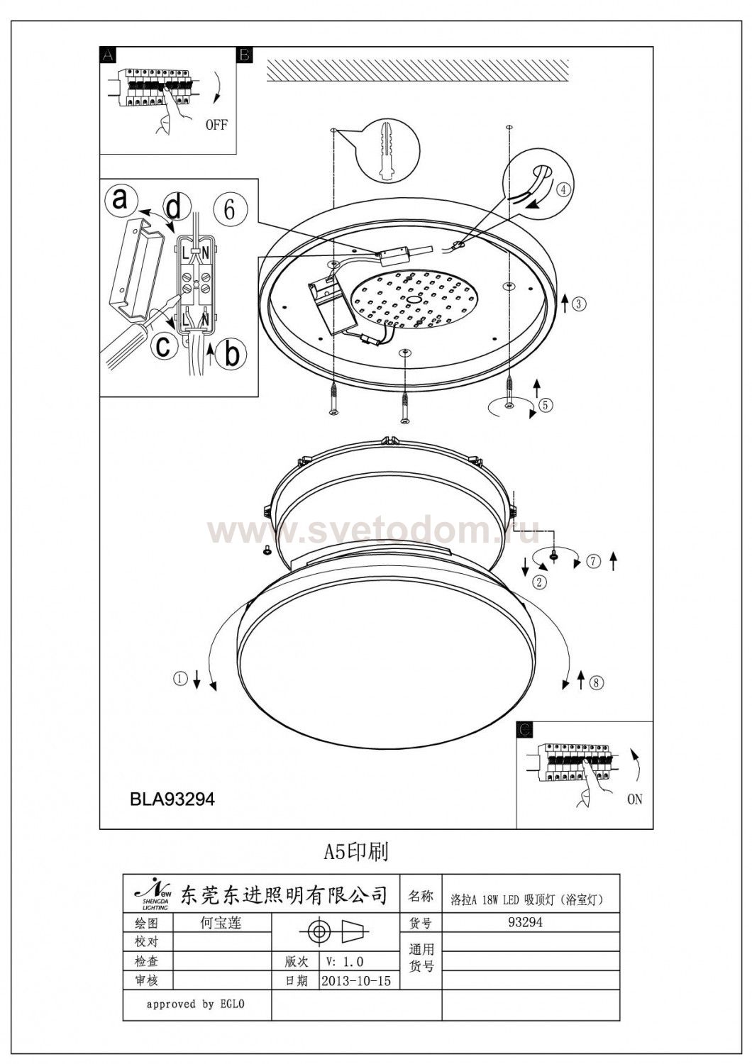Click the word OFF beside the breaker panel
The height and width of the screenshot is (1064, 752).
[x=216, y=125]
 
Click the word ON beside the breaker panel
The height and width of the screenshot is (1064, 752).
[x=634, y=799]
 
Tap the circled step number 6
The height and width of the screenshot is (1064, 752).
[x=229, y=209]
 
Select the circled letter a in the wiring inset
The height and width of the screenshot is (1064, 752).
[x=121, y=199]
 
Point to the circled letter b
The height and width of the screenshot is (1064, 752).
[x=232, y=354]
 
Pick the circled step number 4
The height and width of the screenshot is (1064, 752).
[x=562, y=189]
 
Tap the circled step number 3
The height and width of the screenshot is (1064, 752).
[x=579, y=304]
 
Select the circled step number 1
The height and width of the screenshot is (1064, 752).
[x=180, y=679]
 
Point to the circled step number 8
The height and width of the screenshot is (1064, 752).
[x=596, y=683]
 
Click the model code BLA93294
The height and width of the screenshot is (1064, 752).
[x=172, y=799]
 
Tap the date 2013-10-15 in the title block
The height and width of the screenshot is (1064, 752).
[x=355, y=981]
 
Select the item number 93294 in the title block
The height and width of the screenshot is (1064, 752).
[x=526, y=923]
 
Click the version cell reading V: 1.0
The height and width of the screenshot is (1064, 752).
[x=345, y=962]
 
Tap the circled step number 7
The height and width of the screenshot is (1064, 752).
[x=593, y=562]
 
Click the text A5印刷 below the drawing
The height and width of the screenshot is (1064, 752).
[x=356, y=851]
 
